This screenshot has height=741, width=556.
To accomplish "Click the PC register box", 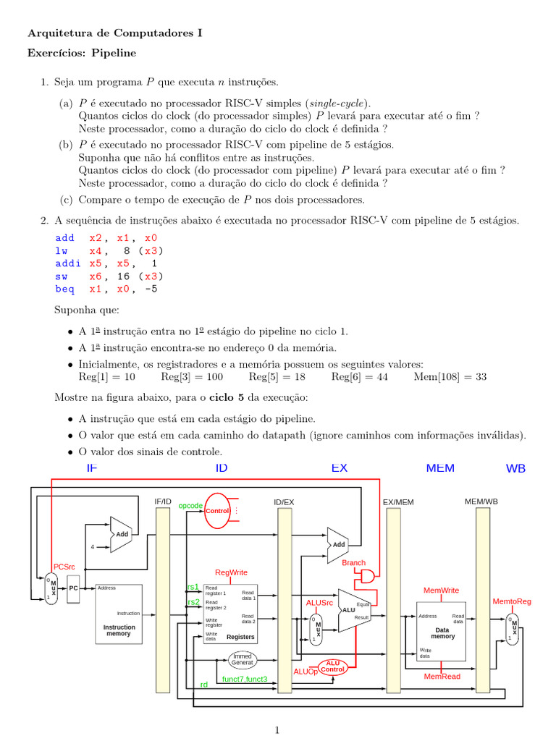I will (73, 588).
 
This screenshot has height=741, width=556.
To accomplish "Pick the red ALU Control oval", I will (332, 666).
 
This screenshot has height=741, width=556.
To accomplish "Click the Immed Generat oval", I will (243, 659).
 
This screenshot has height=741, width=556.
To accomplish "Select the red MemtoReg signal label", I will (512, 601).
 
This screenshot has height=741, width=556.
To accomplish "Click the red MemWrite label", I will (441, 590).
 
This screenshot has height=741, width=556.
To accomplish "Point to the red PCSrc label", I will (64, 567).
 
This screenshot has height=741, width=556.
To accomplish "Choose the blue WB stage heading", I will (515, 469).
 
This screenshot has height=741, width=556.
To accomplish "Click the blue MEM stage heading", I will (440, 468).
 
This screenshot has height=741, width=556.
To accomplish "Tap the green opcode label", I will (190, 506).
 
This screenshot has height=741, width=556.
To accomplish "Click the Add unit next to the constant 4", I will (120, 533).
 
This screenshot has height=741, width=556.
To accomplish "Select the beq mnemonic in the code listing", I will (64, 289).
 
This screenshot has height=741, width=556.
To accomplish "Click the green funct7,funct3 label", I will (245, 679).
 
